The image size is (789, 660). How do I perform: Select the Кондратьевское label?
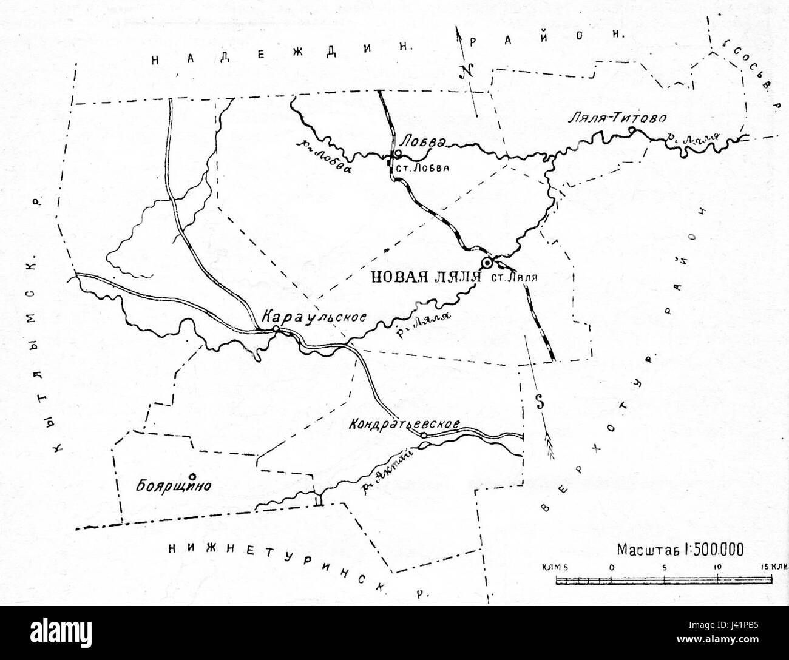click(x=403, y=425)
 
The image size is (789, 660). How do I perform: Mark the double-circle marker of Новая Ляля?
click(x=487, y=263)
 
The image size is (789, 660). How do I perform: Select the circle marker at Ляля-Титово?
click(x=632, y=130)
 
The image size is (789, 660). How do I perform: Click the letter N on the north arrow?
click(x=466, y=72)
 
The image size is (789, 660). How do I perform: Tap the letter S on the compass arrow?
click(x=538, y=401)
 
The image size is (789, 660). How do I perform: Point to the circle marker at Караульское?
click(x=276, y=328)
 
